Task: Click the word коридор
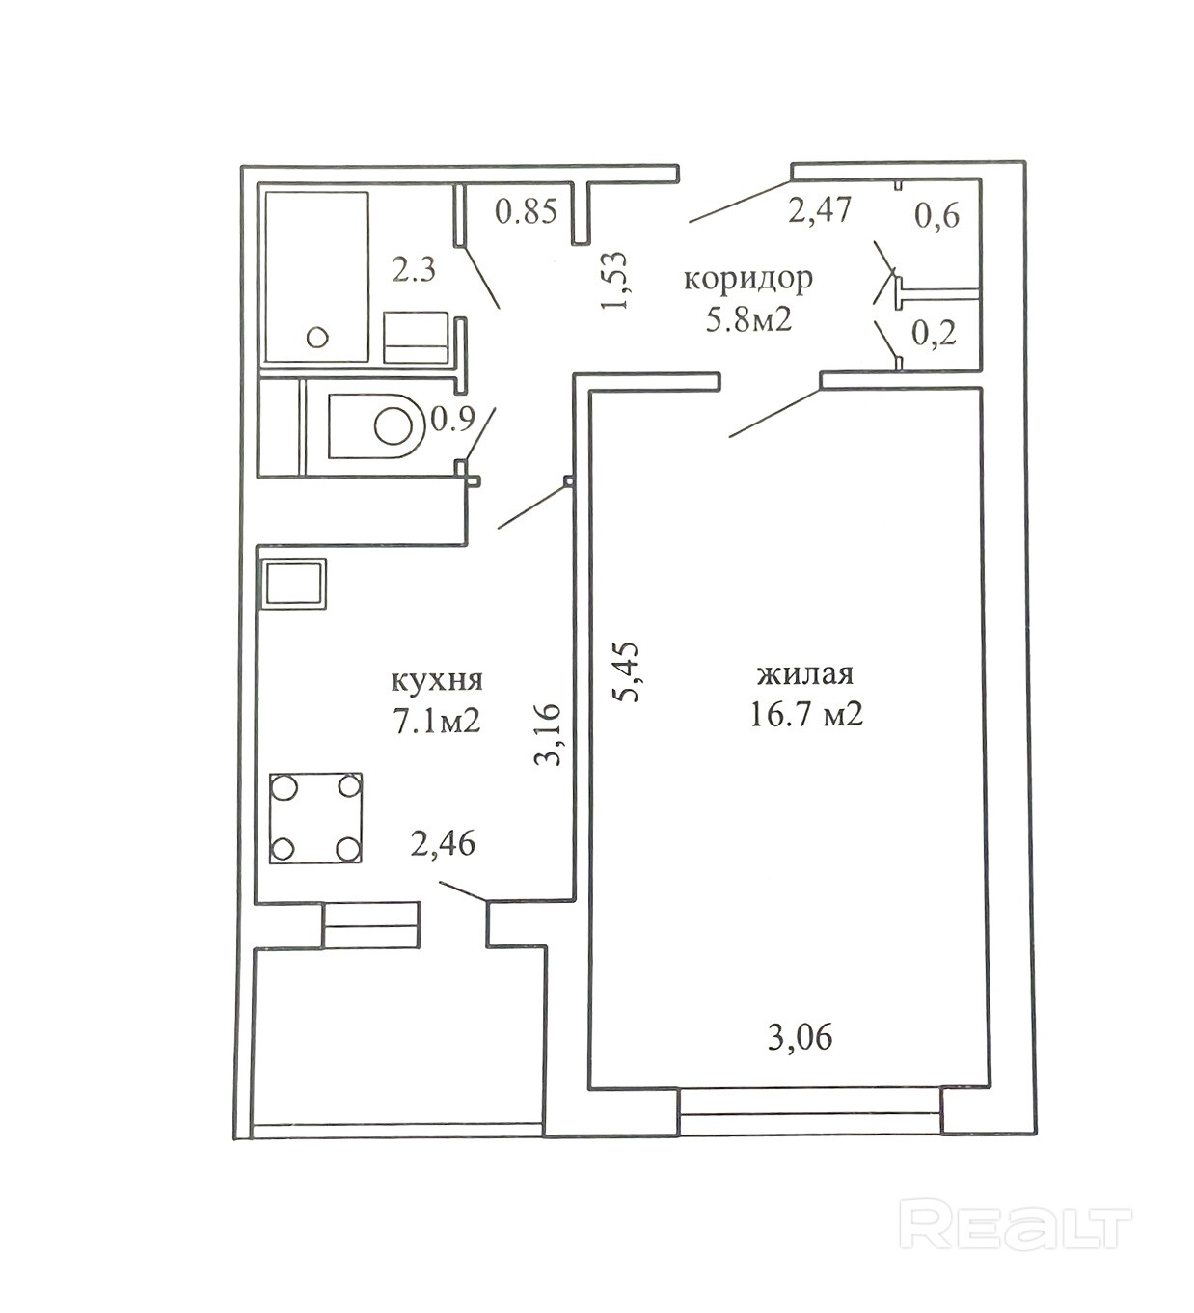[748, 279]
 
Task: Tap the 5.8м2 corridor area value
[749, 320]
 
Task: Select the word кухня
[437, 680]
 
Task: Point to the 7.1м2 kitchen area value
[437, 721]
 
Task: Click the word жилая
[805, 673]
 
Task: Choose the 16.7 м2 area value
[806, 714]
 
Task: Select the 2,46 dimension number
[443, 844]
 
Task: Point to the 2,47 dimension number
[820, 209]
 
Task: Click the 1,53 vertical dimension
[615, 280]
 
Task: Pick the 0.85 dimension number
[527, 210]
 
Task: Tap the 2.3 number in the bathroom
[414, 269]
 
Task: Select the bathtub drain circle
[317, 338]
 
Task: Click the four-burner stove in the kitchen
[315, 817]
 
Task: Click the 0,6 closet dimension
[936, 215]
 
